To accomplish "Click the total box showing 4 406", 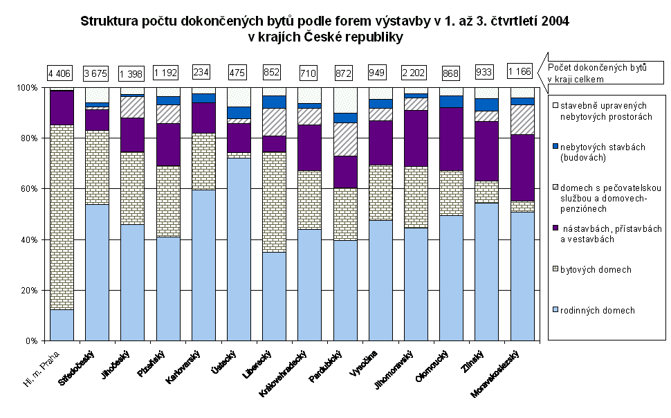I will [x=62, y=72].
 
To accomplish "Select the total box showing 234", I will [x=203, y=72].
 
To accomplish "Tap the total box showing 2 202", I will [x=416, y=72].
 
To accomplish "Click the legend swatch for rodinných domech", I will [x=555, y=311].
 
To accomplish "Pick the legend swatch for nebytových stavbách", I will [x=555, y=147].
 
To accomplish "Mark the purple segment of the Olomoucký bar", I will [x=451, y=138].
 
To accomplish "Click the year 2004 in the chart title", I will [x=553, y=22].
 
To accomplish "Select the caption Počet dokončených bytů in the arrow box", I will [x=597, y=68].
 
